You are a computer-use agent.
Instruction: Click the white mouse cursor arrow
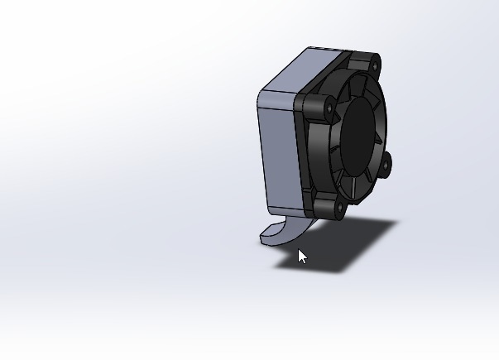click(x=302, y=257)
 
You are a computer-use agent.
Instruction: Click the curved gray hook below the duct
click(x=286, y=233)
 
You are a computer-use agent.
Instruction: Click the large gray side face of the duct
click(x=278, y=157)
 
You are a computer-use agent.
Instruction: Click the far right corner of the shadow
click(x=398, y=222)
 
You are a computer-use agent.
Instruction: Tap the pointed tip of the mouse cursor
click(x=299, y=249)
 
